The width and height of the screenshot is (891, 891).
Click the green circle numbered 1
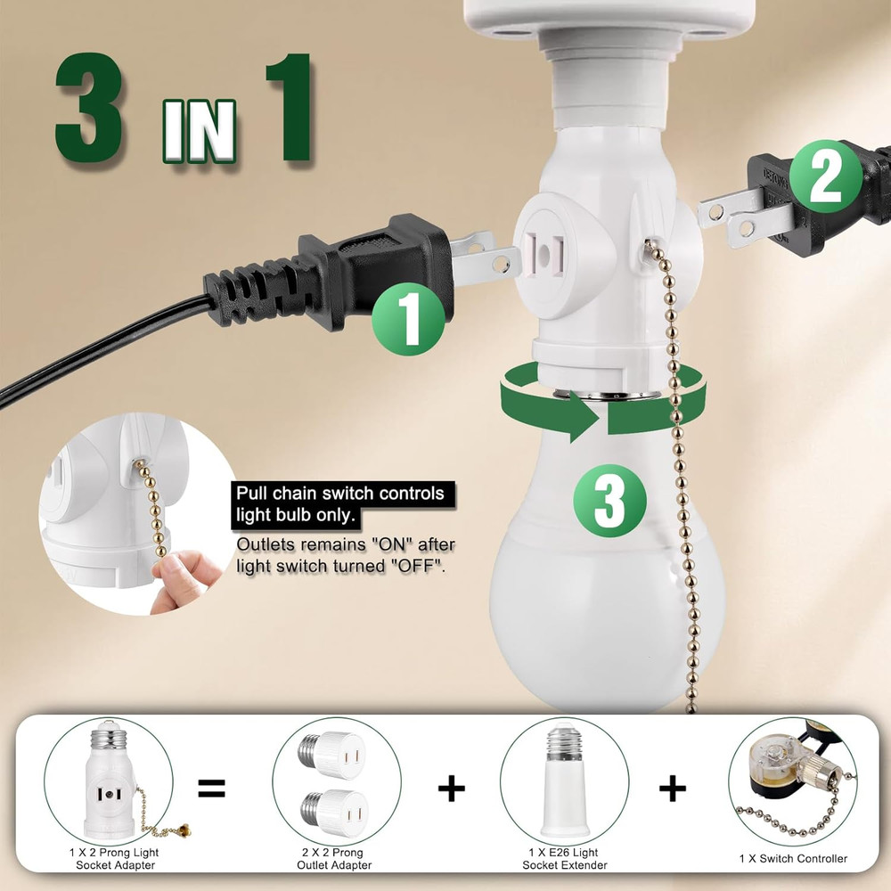click(x=408, y=318)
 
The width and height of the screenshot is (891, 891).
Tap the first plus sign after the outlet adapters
click(x=452, y=788)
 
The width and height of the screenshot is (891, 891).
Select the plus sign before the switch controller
click(x=673, y=788)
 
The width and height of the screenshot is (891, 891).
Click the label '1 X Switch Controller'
click(x=793, y=859)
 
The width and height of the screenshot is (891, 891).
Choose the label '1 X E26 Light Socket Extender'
click(x=564, y=859)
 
